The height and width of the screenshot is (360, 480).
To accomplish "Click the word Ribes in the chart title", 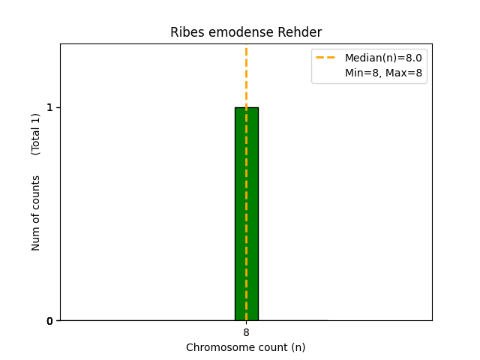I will click(x=184, y=32).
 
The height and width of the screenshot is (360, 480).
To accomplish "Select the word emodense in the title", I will click(x=232, y=32).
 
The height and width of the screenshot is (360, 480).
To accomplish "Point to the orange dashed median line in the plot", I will click(x=246, y=75).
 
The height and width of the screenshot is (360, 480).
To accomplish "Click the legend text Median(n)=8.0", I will click(x=383, y=58).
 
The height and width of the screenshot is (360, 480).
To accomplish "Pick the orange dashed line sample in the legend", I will click(x=325, y=58).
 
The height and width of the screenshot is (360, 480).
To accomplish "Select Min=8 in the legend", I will click(x=362, y=73).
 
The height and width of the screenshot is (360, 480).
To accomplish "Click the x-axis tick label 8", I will click(x=246, y=332).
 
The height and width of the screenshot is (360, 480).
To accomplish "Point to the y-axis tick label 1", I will click(x=50, y=107).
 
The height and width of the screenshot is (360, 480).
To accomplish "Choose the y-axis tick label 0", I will click(x=50, y=321).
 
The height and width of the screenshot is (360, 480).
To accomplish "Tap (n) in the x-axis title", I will click(x=298, y=347).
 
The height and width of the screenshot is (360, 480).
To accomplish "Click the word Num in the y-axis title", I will click(x=36, y=238).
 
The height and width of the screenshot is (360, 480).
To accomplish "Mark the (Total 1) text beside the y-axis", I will click(x=36, y=133).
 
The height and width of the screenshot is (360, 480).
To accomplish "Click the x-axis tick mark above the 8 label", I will click(x=246, y=322).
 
